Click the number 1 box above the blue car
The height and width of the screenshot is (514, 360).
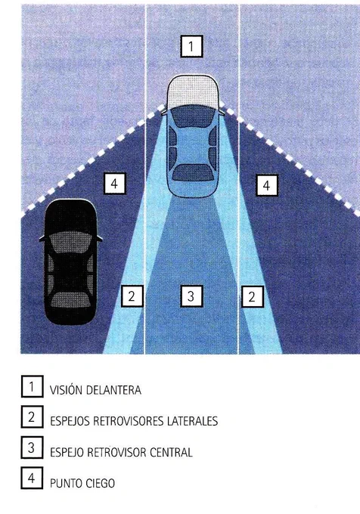click(x=191, y=46)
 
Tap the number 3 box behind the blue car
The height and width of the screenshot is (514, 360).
click(x=191, y=296)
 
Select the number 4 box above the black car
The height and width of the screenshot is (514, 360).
click(x=114, y=183)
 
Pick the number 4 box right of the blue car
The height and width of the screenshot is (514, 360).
click(x=266, y=185)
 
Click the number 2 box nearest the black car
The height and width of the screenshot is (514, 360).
click(x=132, y=296)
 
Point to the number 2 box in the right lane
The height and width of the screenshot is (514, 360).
click(x=252, y=296)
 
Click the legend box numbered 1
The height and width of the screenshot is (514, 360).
click(x=32, y=386)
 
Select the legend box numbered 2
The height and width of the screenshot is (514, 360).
click(x=32, y=416)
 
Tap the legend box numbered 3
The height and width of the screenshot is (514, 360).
click(x=32, y=447)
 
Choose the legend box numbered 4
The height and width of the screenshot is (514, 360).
click(x=32, y=478)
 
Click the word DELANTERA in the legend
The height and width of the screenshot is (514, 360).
click(x=113, y=390)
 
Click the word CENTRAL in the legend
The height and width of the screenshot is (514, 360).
click(x=171, y=452)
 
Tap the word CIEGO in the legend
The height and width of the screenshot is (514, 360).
click(x=101, y=483)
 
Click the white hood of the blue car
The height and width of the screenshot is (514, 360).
click(x=192, y=90)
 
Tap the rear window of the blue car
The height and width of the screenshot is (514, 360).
click(x=191, y=173)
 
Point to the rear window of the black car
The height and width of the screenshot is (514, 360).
click(x=71, y=299)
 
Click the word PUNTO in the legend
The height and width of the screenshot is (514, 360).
click(x=66, y=483)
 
